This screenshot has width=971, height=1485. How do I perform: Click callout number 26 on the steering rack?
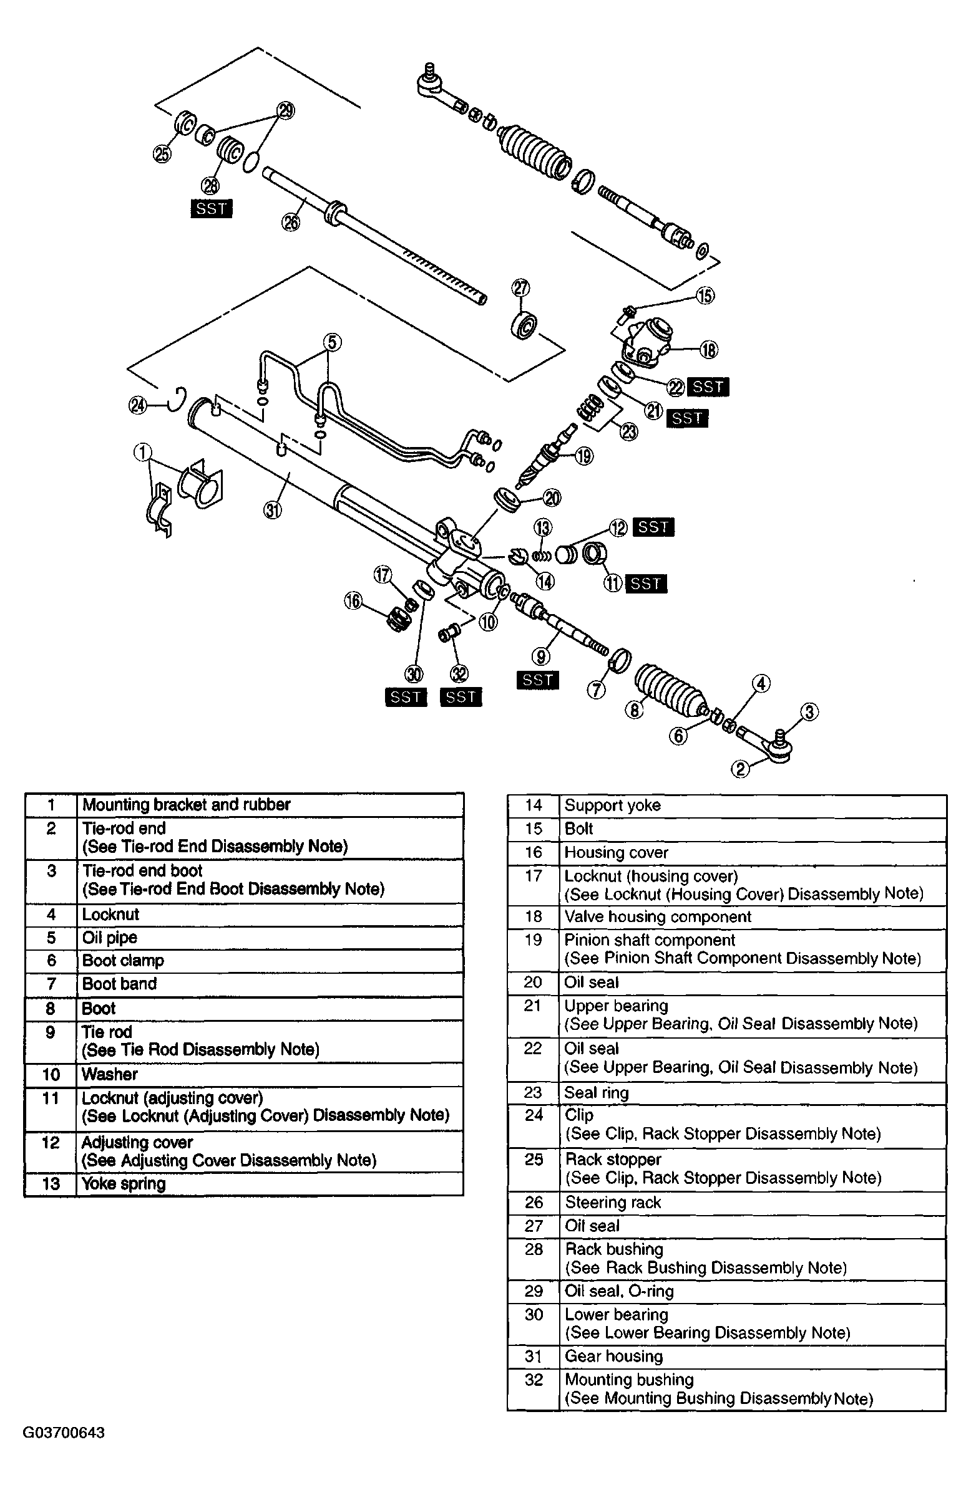click(x=291, y=223)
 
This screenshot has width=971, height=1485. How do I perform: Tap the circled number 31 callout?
click(x=273, y=511)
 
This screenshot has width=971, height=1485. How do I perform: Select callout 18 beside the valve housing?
click(x=709, y=350)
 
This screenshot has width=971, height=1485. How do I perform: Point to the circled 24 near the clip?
click(x=137, y=406)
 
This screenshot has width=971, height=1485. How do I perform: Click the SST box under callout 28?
click(x=211, y=209)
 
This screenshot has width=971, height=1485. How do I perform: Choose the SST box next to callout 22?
click(x=708, y=387)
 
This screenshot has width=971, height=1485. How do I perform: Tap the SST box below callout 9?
click(x=537, y=680)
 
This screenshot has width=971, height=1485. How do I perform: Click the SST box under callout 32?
click(x=461, y=697)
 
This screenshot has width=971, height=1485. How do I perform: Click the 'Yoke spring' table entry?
click(x=124, y=1184)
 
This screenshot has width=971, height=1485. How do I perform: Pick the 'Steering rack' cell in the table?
click(x=613, y=1203)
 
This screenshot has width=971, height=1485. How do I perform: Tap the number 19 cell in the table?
click(x=533, y=940)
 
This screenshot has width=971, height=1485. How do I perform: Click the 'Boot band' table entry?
click(x=119, y=983)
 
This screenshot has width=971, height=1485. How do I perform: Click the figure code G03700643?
click(x=64, y=1433)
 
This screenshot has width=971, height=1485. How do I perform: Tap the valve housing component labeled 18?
click(x=650, y=340)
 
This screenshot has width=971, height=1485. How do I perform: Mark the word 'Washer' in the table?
click(x=109, y=1074)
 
